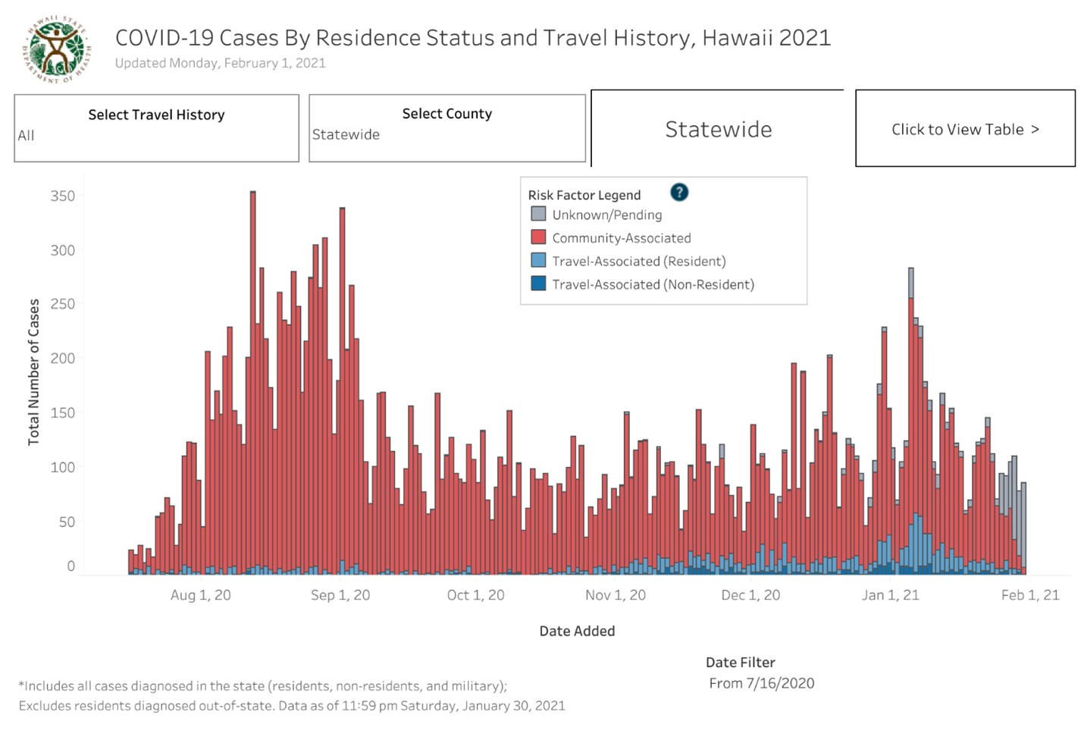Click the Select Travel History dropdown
pyautogui.click(x=156, y=127)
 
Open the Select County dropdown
pyautogui.click(x=446, y=127)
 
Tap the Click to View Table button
pyautogui.click(x=964, y=129)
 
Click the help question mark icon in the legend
pyautogui.click(x=679, y=193)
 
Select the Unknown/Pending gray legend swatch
pyautogui.click(x=538, y=214)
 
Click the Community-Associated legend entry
pyautogui.click(x=621, y=238)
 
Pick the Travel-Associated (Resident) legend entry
pyautogui.click(x=638, y=261)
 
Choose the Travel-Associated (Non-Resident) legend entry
pyautogui.click(x=653, y=284)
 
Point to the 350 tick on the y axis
pyautogui.click(x=63, y=196)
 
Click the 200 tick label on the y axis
pyautogui.click(x=63, y=358)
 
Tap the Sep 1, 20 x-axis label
pyautogui.click(x=340, y=595)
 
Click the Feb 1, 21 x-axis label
pyautogui.click(x=1029, y=595)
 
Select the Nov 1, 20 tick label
pyautogui.click(x=615, y=595)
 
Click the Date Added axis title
pyautogui.click(x=577, y=631)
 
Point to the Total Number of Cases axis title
pyautogui.click(x=33, y=372)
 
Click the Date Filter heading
pyautogui.click(x=740, y=662)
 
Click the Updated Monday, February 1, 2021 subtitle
pyautogui.click(x=220, y=63)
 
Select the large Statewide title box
pyautogui.click(x=718, y=130)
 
